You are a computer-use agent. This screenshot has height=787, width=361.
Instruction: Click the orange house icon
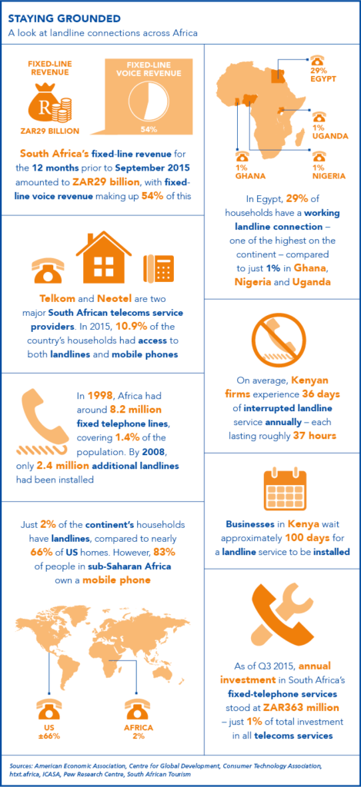point(103,257)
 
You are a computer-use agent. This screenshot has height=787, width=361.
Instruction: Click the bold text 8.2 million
point(145,410)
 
